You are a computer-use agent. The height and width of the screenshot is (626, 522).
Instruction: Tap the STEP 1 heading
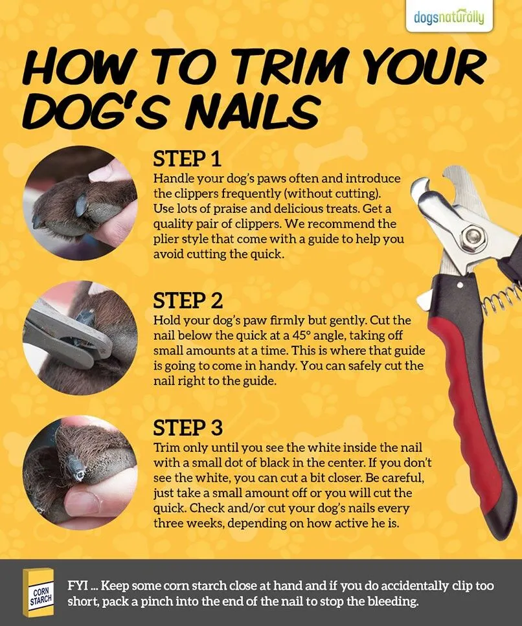tap(188, 159)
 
